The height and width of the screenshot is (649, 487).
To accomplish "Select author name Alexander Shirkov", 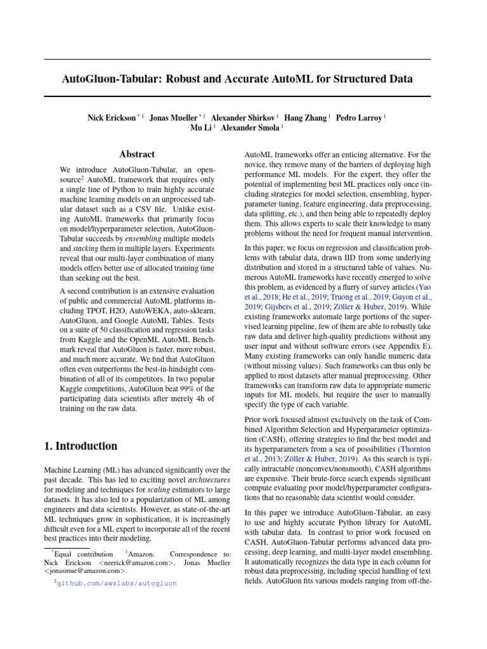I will tap(243, 117).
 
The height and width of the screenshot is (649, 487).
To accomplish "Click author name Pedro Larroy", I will tap(359, 117).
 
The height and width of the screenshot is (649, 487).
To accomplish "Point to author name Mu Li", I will tap(201, 127).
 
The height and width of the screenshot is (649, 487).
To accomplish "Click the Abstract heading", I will tap(137, 154).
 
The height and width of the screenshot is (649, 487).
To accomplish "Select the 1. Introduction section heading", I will tap(81, 446).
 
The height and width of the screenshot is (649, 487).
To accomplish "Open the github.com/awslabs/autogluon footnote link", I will tap(117, 583).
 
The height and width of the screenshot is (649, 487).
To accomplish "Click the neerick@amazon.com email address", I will tap(136, 562).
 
